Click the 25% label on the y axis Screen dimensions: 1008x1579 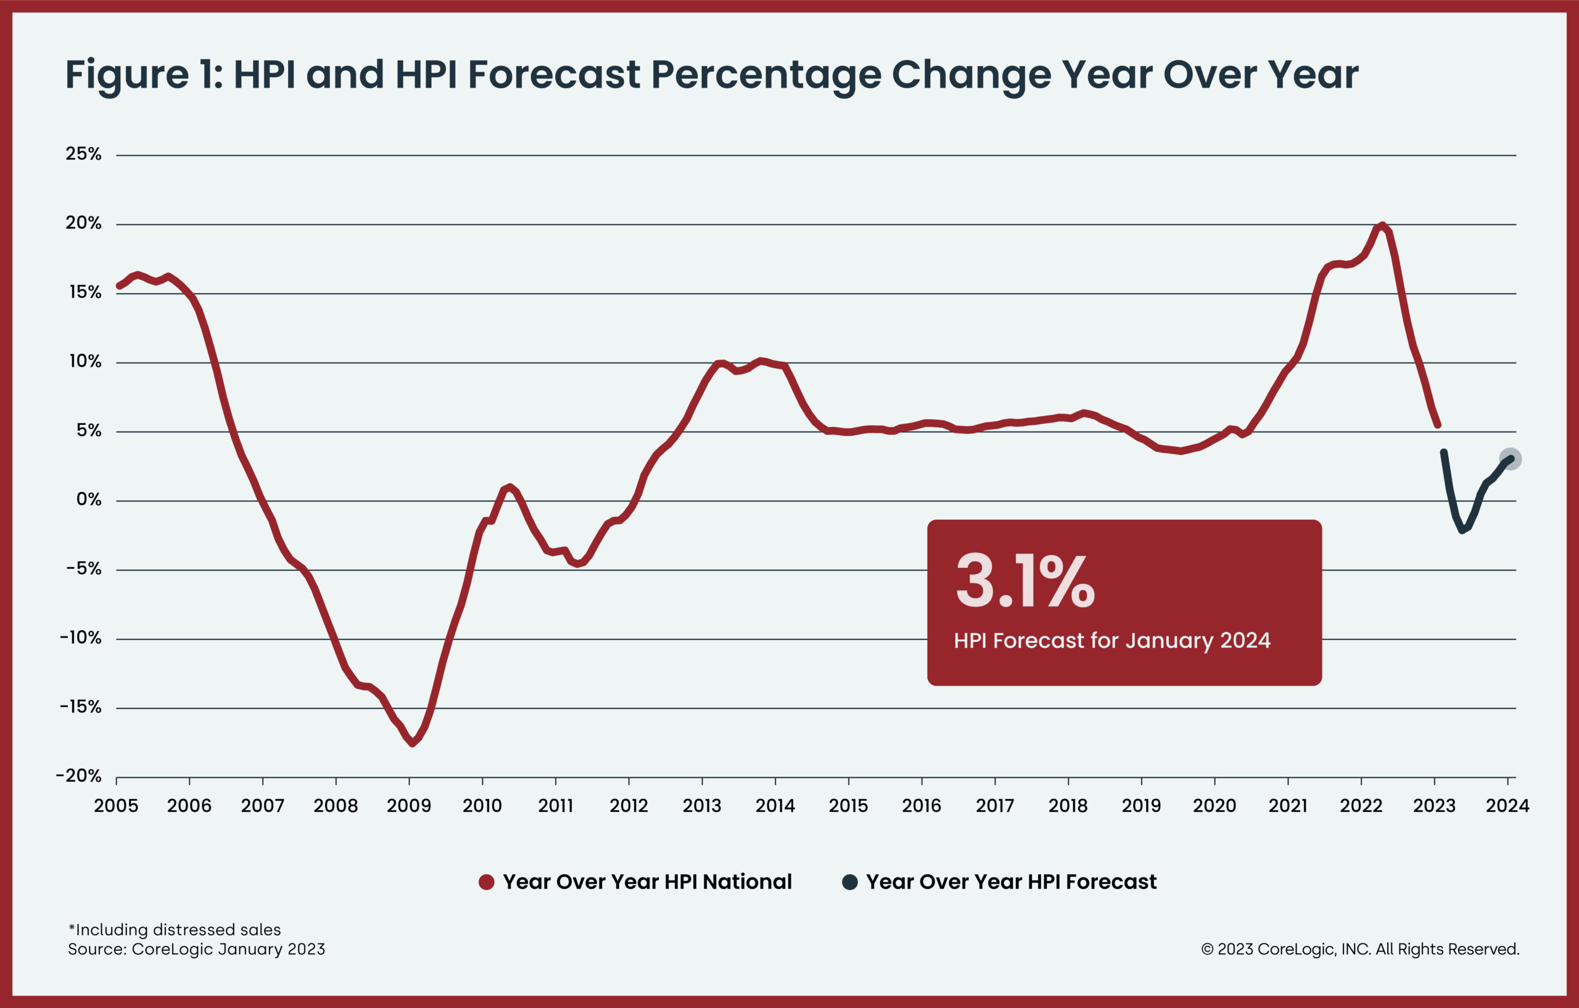(x=83, y=154)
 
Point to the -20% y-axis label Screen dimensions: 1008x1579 (x=79, y=776)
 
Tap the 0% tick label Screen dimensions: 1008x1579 (x=89, y=499)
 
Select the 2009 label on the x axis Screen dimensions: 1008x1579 (x=408, y=806)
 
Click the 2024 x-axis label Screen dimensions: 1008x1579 (x=1507, y=806)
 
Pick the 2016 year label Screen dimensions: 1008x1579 (x=921, y=806)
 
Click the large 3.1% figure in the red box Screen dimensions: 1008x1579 (x=1025, y=581)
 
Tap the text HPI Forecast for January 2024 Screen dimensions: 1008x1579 (x=1111, y=641)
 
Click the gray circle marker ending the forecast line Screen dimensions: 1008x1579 (x=1511, y=459)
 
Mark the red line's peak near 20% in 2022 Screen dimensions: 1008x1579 (x=1382, y=226)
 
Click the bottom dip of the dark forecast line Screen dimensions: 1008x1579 (x=1462, y=530)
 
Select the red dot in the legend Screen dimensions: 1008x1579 (x=486, y=882)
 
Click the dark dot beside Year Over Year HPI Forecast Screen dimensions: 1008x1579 (x=849, y=882)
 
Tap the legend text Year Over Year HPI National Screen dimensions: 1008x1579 (x=647, y=882)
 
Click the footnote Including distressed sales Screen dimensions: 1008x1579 (x=175, y=929)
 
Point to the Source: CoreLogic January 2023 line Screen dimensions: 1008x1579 (x=196, y=949)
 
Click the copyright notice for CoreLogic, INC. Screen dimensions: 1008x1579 (x=1360, y=949)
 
